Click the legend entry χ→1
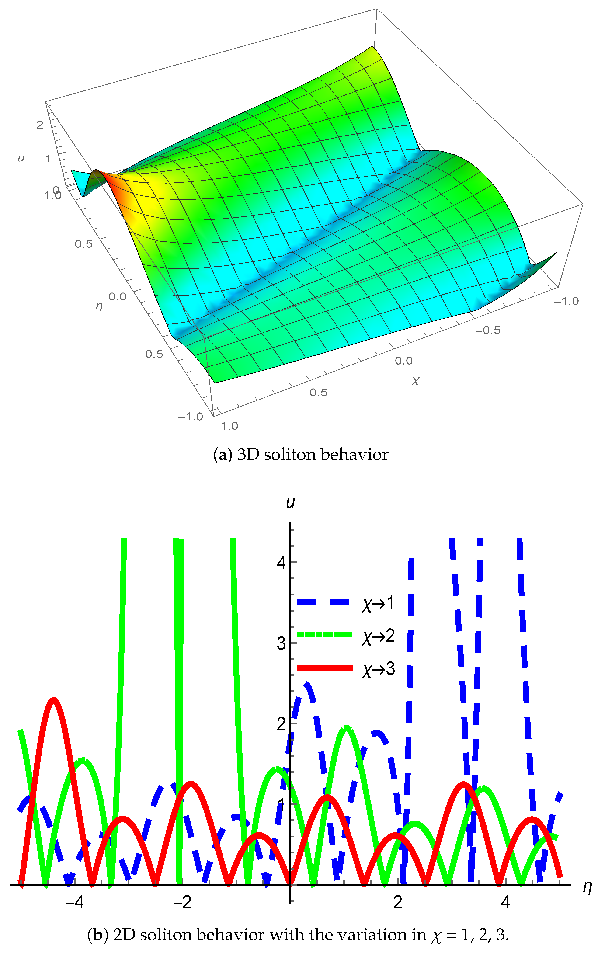click(x=378, y=603)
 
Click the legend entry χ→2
click(x=378, y=636)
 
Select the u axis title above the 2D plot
click(x=290, y=502)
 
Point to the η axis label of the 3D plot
click(x=99, y=306)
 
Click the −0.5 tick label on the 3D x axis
click(x=488, y=330)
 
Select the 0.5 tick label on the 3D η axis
click(x=83, y=243)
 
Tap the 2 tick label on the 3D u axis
click(x=40, y=125)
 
